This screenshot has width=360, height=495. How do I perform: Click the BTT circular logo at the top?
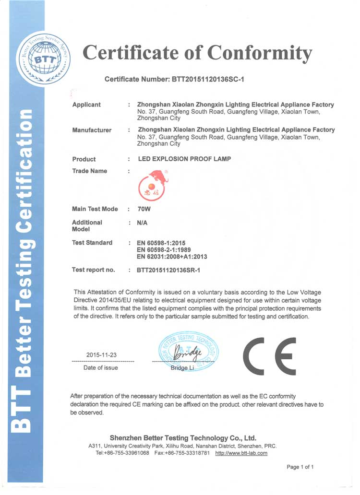coord(44,59)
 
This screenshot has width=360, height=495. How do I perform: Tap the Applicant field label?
coord(86,105)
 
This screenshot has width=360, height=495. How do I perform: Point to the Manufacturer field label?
coord(92,130)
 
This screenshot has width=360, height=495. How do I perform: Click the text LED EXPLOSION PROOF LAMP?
coord(184,159)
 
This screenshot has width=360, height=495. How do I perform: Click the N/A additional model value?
coord(142,223)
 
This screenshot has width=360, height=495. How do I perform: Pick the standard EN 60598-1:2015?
coord(165,243)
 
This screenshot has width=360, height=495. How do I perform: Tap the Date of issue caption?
coord(100,368)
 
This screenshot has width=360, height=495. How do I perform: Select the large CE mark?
coord(270,356)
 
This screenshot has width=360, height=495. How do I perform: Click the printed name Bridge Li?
coord(182,368)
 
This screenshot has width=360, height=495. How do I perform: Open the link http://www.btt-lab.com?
coord(241,453)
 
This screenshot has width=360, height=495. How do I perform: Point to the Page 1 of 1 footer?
coord(300,467)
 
